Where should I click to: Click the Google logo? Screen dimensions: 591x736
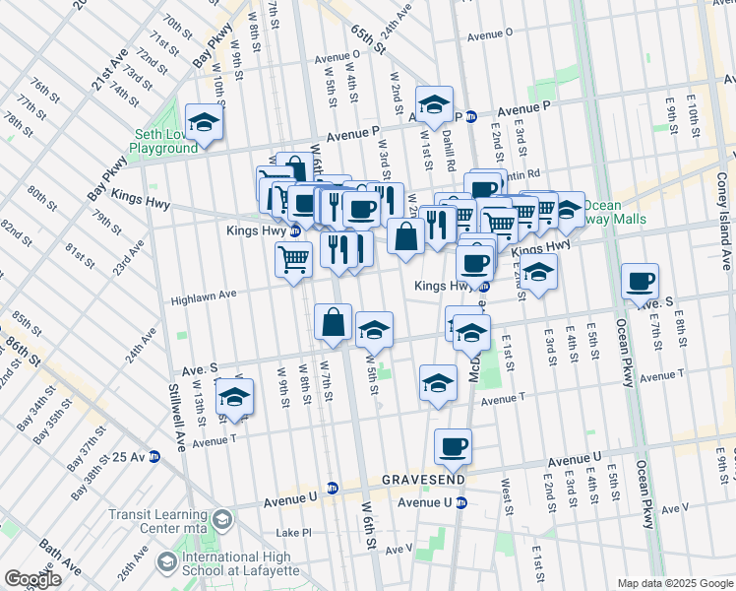(32, 579)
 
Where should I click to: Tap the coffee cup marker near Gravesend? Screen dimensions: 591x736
(453, 447)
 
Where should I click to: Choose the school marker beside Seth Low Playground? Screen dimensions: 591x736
(204, 122)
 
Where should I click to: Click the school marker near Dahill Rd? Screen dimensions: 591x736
(433, 103)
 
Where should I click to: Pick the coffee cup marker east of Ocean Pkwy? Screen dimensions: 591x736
(641, 282)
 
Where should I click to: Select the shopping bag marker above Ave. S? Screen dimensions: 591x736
(334, 321)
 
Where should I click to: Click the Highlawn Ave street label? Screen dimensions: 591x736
(205, 295)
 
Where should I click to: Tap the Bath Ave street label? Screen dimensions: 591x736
(59, 558)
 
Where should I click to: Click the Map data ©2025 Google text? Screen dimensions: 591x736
(674, 583)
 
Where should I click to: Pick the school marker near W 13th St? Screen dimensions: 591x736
(235, 398)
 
